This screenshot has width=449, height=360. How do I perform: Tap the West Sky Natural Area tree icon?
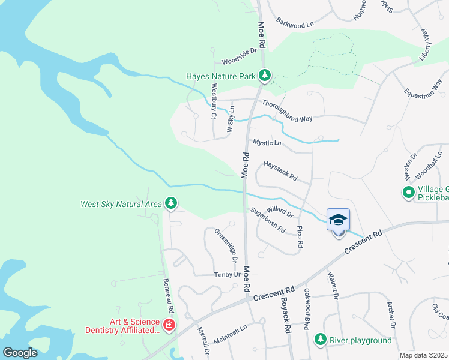[x=172, y=204]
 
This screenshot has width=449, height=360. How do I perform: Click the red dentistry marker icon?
[x=169, y=325]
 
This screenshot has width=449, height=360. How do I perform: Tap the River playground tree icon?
[x=321, y=340]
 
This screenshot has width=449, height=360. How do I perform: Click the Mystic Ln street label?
[x=267, y=143]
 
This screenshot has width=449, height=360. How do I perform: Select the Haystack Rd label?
[x=281, y=171]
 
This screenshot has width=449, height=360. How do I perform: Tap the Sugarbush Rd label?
[x=268, y=220]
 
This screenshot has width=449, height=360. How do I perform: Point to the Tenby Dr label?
[x=228, y=274]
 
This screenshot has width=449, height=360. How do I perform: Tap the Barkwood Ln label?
[x=295, y=23]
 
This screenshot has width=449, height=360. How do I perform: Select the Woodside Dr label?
[x=239, y=56]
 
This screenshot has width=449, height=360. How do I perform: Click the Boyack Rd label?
[x=286, y=319]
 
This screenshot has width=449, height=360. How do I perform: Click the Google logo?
[x=20, y=353]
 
